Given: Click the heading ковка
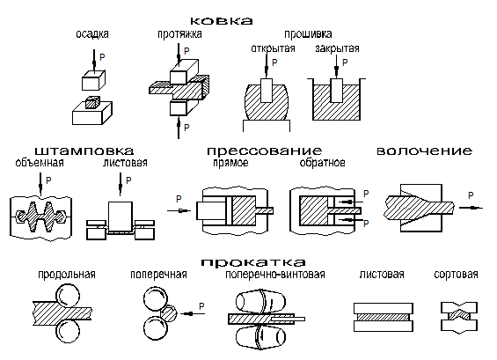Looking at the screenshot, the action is (x=222, y=21).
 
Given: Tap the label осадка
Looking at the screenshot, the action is (x=92, y=34).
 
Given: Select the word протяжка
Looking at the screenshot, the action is (x=179, y=34).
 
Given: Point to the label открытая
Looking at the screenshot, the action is (x=273, y=48).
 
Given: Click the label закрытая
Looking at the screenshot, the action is (x=337, y=48).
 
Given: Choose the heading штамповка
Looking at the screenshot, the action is (x=84, y=151).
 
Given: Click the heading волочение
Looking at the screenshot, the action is (x=424, y=151).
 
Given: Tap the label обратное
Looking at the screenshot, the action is (x=322, y=163).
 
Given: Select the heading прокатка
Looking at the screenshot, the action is (x=253, y=262).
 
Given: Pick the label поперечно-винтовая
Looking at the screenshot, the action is (x=275, y=274).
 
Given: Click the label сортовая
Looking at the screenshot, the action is (x=456, y=274).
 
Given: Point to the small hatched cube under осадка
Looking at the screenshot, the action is (x=93, y=102).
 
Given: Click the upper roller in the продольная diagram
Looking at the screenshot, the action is (x=68, y=297).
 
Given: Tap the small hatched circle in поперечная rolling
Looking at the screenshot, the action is (x=168, y=313).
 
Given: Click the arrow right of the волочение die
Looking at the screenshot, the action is (x=471, y=208).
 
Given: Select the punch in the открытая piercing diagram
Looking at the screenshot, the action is (x=267, y=90).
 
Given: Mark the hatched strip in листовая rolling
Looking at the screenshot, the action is (x=384, y=318).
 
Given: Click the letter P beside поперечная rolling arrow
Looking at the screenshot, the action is (x=201, y=306).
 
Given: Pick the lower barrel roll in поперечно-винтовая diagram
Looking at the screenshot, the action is (x=260, y=337).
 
